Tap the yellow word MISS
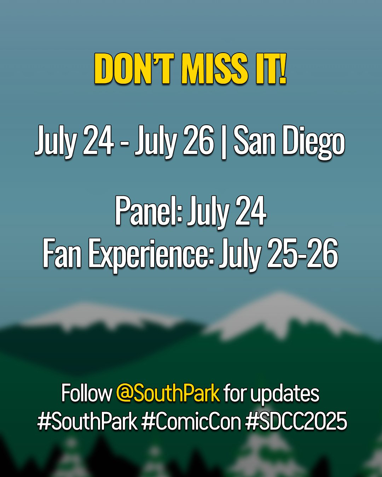(x=215, y=69)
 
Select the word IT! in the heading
(x=271, y=69)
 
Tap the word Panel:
(x=149, y=211)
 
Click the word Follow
(x=87, y=393)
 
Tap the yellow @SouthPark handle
(x=168, y=394)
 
